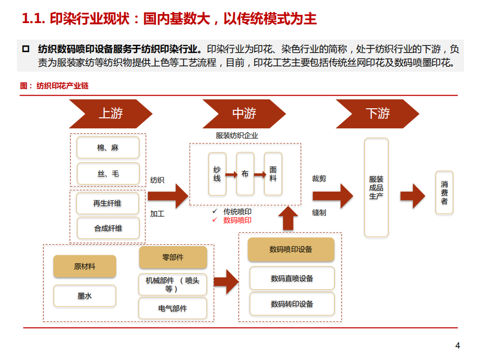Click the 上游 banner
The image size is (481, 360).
pos(110,113)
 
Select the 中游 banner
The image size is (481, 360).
pos(244,113)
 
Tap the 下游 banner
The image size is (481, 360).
pos(377,113)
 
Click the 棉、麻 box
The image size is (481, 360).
pos(108,148)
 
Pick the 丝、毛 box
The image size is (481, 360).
pos(108,174)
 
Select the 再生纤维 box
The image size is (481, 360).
pos(108,203)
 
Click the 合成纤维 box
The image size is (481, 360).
pos(108,228)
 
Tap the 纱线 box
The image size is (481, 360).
pos(217,174)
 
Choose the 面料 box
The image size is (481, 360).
pos(273,174)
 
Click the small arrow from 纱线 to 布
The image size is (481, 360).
pos(231,174)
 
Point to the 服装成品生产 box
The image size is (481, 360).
pos(376,188)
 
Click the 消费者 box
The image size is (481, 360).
pos(444,193)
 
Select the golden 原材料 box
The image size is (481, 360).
pos(85,267)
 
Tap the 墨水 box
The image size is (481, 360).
pos(85,296)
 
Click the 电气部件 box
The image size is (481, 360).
pos(172,308)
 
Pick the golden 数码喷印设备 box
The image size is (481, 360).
pos(291,249)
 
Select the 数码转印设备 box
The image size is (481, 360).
pos(292,304)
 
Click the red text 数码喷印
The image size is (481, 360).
pos(237,220)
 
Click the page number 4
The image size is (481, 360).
pos(457,345)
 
